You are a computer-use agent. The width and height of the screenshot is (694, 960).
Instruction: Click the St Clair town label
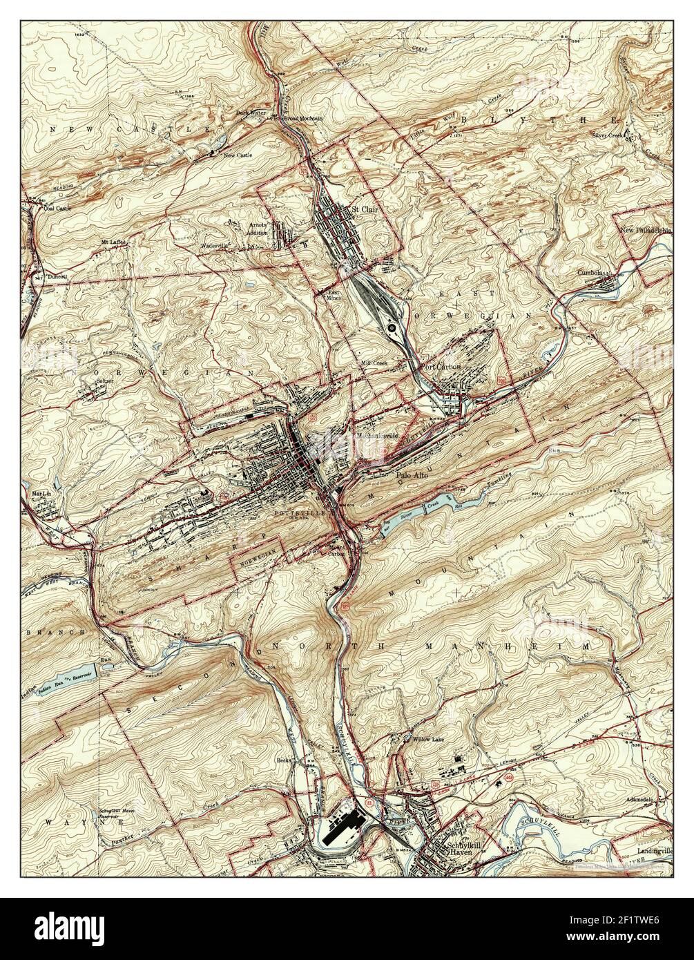[365, 207]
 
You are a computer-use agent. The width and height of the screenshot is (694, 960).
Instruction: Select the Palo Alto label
[413, 475]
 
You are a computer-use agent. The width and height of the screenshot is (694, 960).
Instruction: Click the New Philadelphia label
[645, 231]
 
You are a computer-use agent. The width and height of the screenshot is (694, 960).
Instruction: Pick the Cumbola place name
[592, 272]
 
